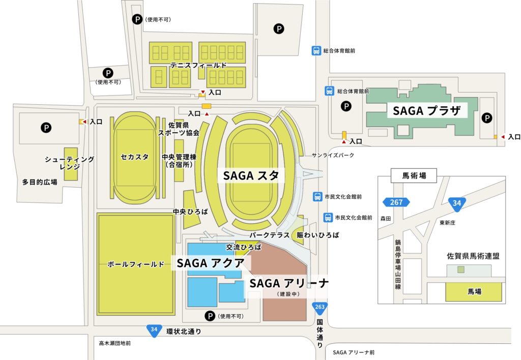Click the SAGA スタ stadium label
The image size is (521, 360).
[x=251, y=176]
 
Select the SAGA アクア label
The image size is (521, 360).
[x=211, y=263]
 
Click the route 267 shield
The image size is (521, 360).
[x=396, y=202]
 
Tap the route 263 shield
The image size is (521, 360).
[x=320, y=307]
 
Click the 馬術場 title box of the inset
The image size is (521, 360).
[x=414, y=176]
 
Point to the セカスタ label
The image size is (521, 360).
[x=135, y=157]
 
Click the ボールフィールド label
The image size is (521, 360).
[x=135, y=264]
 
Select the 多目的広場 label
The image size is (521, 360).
[x=40, y=182]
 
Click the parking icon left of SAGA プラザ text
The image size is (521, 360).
[x=346, y=107]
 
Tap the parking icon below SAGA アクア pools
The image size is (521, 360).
[x=210, y=316]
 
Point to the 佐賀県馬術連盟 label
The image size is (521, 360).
[x=473, y=256]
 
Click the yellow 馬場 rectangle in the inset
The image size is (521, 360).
[x=473, y=292]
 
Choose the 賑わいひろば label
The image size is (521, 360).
[x=318, y=235]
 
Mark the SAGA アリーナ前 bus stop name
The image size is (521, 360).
[x=354, y=352]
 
